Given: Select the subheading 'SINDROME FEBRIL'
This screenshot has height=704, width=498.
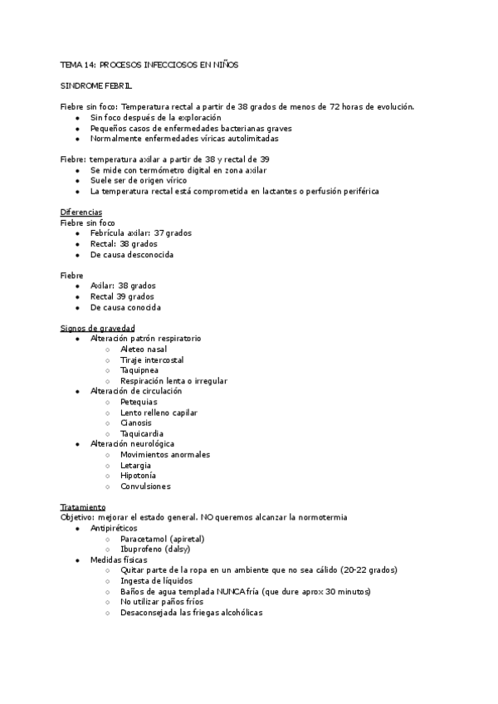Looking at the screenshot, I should [96, 86].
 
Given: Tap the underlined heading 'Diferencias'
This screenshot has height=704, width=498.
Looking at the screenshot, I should [81, 213].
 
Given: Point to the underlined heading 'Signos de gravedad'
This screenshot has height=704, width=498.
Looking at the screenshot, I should [98, 328].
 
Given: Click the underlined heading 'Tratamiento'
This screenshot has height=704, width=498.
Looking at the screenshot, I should [83, 507].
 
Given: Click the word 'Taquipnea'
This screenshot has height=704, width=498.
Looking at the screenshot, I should [139, 370].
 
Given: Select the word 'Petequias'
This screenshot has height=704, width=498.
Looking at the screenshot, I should [139, 402].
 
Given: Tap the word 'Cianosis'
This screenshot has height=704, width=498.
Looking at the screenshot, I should [135, 423].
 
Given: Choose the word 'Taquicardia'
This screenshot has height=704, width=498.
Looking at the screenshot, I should [141, 433].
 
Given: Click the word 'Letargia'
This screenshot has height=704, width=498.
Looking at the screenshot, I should [135, 465].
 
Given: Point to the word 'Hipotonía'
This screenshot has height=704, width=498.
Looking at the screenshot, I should [138, 476].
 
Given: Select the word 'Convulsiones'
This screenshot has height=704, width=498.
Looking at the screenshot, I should [144, 486].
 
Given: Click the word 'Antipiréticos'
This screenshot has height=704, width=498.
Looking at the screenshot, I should [114, 528].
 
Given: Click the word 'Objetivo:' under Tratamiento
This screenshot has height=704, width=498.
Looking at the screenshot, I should [78, 517].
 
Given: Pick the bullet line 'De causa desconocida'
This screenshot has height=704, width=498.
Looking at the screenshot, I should [131, 255].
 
